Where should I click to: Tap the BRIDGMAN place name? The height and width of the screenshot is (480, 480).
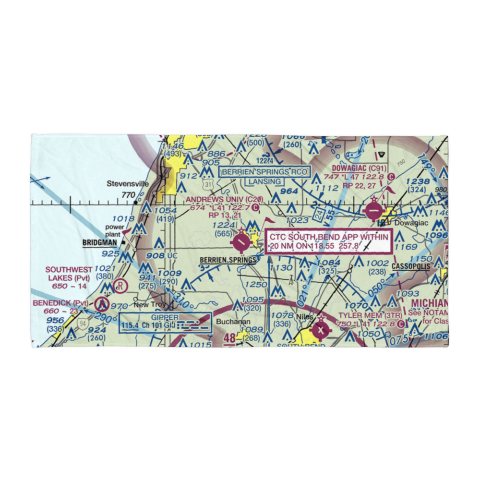click(x=100, y=243)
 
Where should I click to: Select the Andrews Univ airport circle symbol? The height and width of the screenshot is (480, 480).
click(x=240, y=242)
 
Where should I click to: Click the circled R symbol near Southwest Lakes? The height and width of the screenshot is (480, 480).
click(x=120, y=285)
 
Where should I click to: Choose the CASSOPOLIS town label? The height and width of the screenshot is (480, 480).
click(x=409, y=266)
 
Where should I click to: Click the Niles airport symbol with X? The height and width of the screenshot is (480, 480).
click(x=320, y=330)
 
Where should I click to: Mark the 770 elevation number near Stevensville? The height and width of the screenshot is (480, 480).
click(x=128, y=195)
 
